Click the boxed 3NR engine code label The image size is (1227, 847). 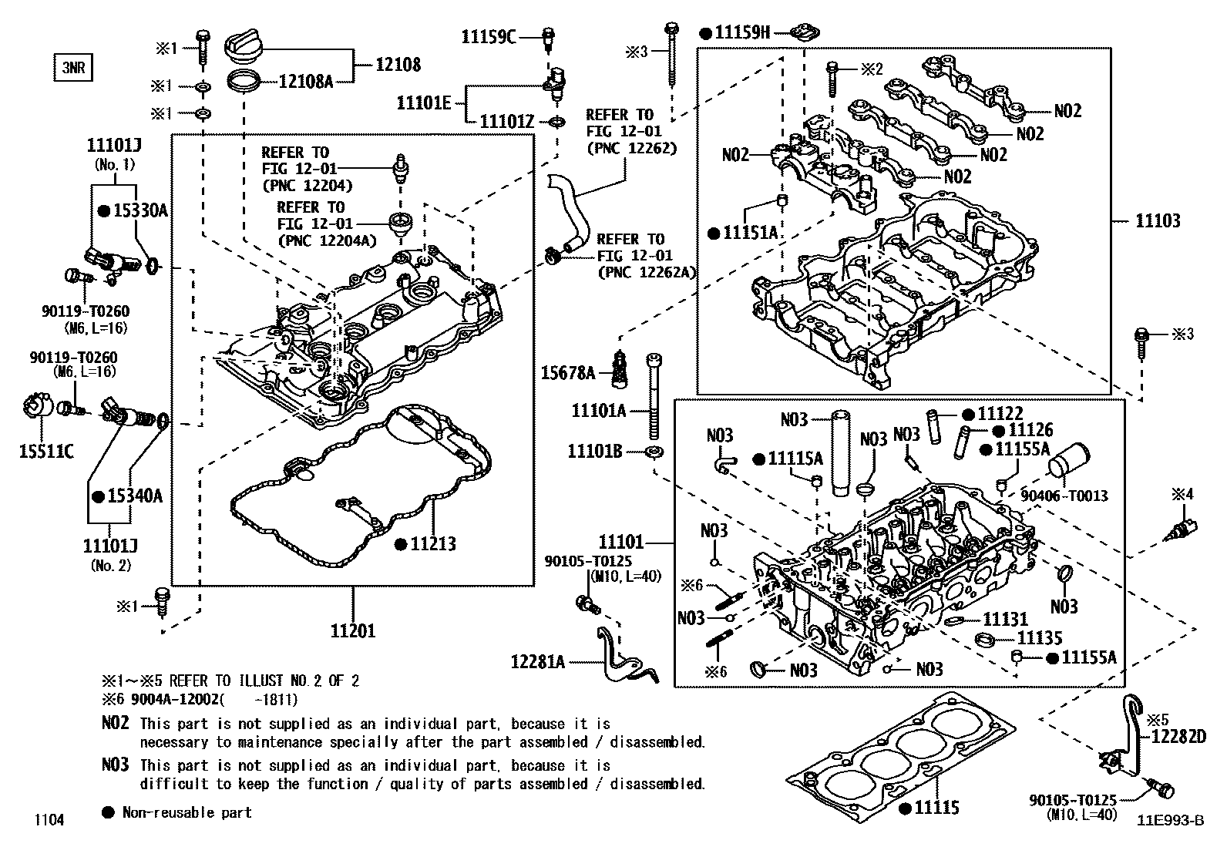[x=72, y=68]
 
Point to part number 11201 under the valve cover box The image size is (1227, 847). [x=353, y=630]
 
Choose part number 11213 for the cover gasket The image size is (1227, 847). [x=432, y=544]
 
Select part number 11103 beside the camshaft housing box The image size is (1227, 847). [x=1157, y=221]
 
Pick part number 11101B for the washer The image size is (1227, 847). [x=594, y=451]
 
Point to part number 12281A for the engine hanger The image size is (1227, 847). [x=537, y=661]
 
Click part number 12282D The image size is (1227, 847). [x=1178, y=737]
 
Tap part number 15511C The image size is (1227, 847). [x=46, y=451]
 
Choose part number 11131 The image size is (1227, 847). [x=1005, y=619]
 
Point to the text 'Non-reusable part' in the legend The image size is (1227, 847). [x=187, y=812]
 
